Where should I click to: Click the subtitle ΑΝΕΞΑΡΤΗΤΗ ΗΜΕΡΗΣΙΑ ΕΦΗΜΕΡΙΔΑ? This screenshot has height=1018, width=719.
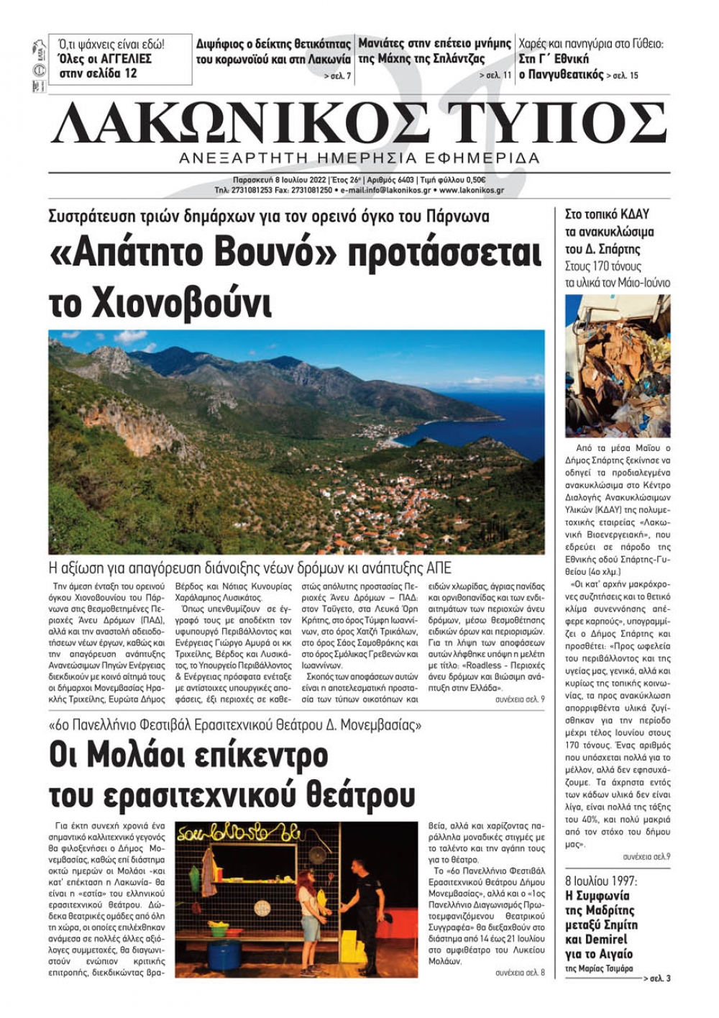(359, 158)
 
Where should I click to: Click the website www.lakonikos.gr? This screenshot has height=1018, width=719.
(471, 191)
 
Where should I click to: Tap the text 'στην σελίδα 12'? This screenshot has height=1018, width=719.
(98, 73)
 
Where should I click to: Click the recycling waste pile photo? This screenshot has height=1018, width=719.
(617, 365)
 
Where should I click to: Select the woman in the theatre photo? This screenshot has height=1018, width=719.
(309, 921)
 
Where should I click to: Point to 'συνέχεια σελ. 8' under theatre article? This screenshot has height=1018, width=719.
(520, 973)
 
